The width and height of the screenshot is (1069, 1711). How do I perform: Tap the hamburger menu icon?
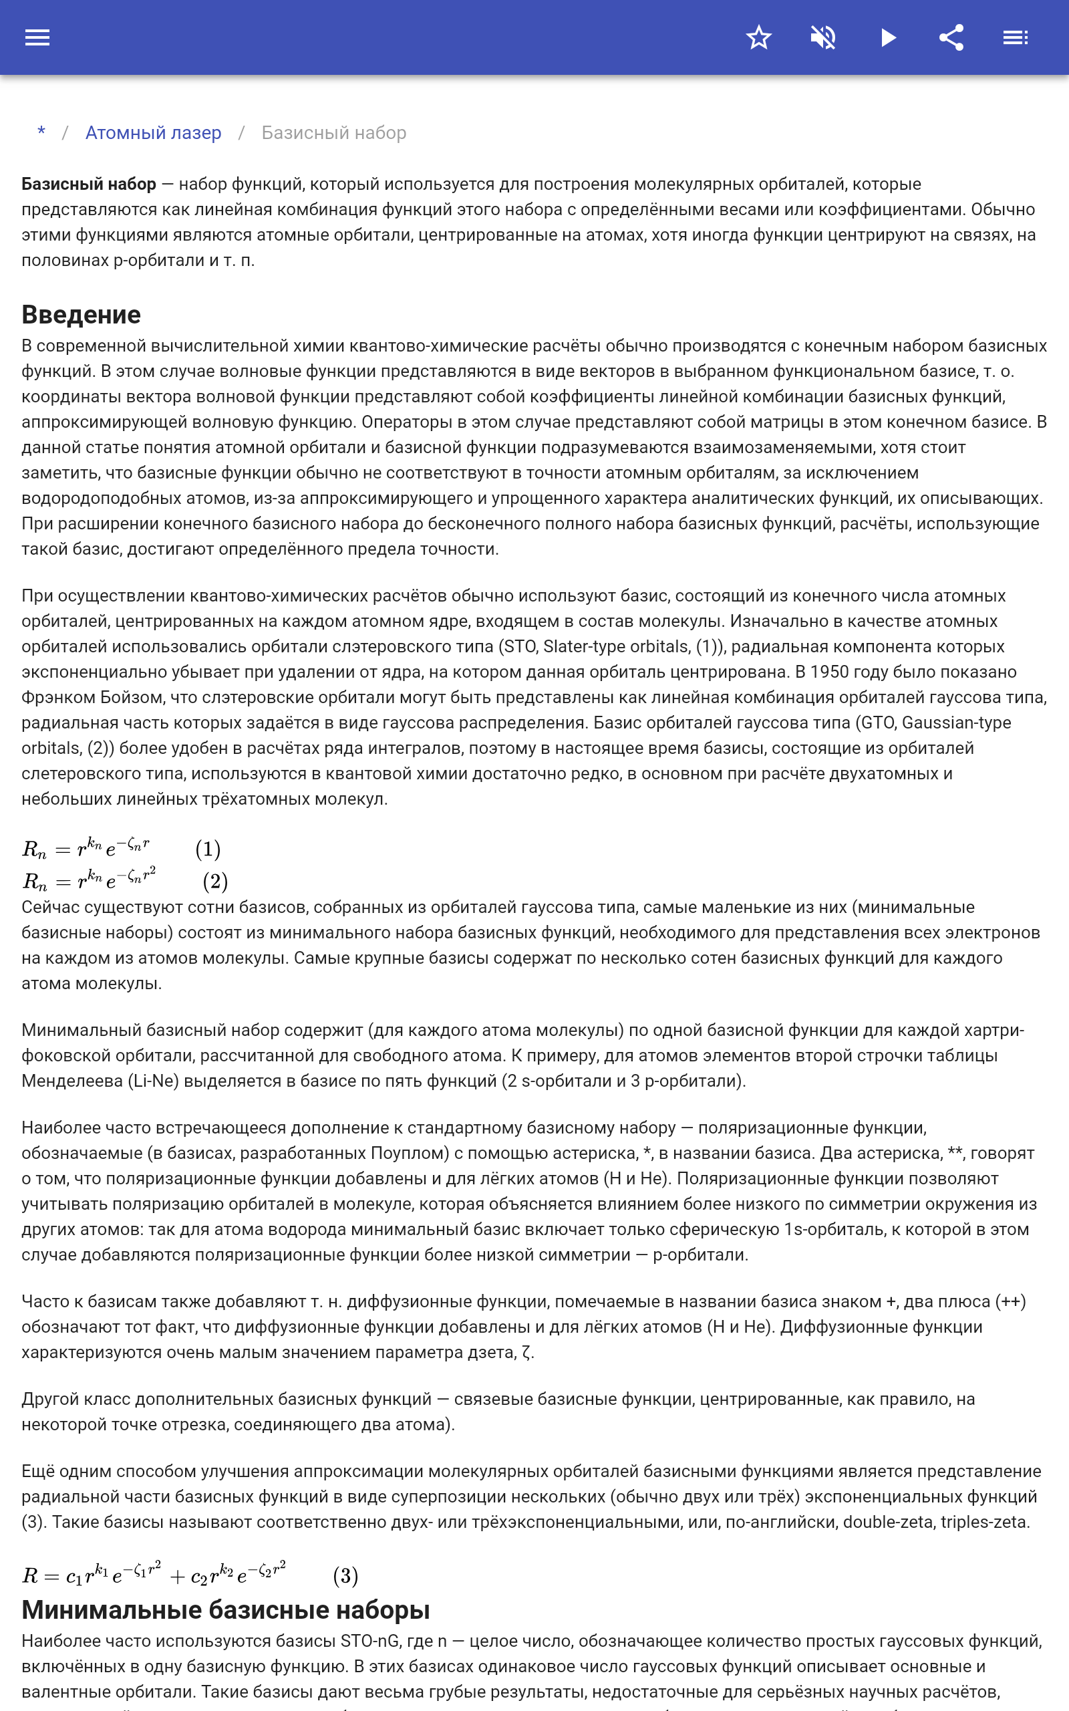click(37, 37)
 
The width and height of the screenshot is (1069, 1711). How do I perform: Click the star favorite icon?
click(758, 37)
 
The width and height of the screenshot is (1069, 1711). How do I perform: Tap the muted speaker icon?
click(823, 37)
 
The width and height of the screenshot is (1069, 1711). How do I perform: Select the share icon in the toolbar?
click(951, 37)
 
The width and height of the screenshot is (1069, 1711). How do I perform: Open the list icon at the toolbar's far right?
click(1016, 37)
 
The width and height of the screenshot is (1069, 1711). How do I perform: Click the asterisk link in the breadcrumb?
click(41, 132)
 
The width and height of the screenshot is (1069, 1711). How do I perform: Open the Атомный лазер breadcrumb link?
click(154, 132)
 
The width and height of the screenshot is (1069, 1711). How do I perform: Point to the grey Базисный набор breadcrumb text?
click(333, 132)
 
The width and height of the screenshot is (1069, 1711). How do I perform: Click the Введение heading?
click(82, 315)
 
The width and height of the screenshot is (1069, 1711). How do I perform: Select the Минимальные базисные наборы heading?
click(226, 1610)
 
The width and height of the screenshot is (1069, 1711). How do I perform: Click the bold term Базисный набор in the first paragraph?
click(88, 184)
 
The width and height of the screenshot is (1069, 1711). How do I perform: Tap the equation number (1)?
click(208, 848)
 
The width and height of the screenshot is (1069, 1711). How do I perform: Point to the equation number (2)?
click(215, 881)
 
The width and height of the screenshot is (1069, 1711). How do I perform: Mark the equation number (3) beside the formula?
click(345, 1575)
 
